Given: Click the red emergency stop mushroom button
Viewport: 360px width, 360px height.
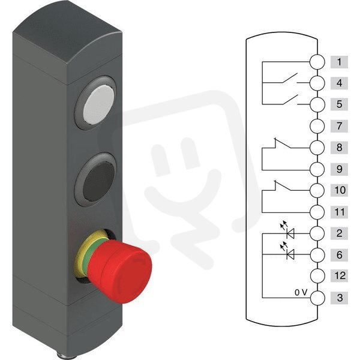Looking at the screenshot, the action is click(119, 271).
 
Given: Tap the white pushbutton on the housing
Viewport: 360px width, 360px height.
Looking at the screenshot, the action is click(99, 104).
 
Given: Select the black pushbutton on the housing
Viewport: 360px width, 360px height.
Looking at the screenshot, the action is click(99, 181).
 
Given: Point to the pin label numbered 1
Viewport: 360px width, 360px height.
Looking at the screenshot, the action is click(339, 62).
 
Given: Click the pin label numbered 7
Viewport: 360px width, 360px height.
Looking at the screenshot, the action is click(339, 126).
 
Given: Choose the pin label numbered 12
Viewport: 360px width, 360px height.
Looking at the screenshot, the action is click(339, 275).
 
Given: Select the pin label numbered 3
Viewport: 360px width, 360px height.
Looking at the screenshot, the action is click(339, 298).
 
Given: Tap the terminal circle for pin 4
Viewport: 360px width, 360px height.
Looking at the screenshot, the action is click(317, 83).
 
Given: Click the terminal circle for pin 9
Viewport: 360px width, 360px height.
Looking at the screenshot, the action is click(317, 169).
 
